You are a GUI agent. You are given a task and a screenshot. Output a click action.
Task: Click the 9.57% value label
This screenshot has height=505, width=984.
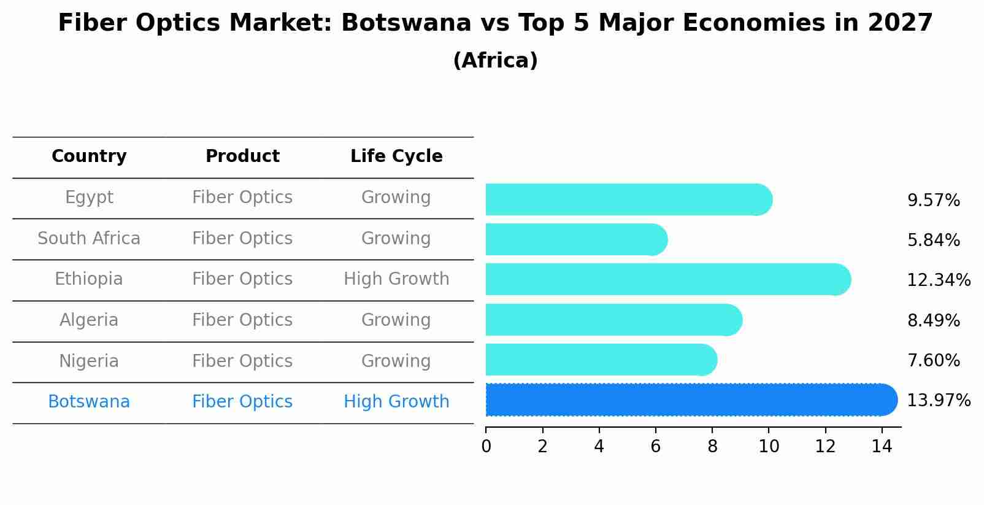[933, 201]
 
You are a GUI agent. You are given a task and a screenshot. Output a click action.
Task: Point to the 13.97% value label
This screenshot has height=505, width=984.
[938, 401]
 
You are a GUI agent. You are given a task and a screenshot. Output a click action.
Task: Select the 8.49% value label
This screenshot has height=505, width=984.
[933, 321]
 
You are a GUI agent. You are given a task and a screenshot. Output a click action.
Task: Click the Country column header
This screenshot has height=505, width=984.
[89, 156]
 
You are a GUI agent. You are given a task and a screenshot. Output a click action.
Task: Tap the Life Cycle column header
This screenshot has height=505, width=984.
[396, 156]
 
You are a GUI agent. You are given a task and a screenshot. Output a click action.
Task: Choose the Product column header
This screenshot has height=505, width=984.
[242, 156]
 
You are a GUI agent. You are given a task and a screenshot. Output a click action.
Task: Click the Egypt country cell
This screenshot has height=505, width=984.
[89, 198]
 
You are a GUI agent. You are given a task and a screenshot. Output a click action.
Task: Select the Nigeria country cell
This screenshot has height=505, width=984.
[89, 361]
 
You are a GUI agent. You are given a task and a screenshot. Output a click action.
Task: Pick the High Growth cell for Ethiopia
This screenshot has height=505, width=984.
[396, 279]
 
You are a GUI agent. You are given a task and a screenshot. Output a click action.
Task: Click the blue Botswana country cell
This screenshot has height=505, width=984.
[89, 402]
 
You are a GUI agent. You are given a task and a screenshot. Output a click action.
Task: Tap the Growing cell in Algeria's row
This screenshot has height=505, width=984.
[396, 320]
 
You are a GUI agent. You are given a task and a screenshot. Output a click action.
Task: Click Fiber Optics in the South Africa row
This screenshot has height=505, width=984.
[242, 239]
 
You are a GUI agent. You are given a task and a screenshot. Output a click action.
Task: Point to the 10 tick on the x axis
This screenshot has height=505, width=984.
[769, 447]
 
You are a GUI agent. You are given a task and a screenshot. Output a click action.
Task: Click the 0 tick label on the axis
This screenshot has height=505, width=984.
[486, 447]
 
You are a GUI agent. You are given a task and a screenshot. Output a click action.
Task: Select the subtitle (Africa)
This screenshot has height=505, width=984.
[495, 61]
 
